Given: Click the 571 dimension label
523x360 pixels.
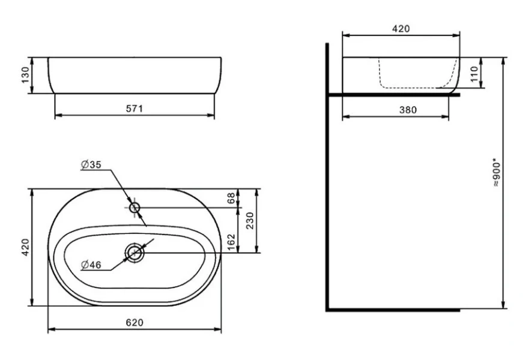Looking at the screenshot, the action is pos(135,109).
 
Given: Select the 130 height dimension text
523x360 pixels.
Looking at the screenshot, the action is pos(25,75).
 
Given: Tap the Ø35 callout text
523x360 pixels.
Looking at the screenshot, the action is pos(91,164).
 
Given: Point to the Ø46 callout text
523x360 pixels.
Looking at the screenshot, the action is pos(91,265).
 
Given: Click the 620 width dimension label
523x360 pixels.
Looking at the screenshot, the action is pos(135,322).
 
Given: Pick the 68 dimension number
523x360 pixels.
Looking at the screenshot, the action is pos(231,199).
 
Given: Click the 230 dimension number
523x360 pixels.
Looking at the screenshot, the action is pos(250,221).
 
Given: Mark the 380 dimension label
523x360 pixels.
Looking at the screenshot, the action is pos(408,110).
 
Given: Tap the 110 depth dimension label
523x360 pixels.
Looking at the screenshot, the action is pos(474,74).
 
